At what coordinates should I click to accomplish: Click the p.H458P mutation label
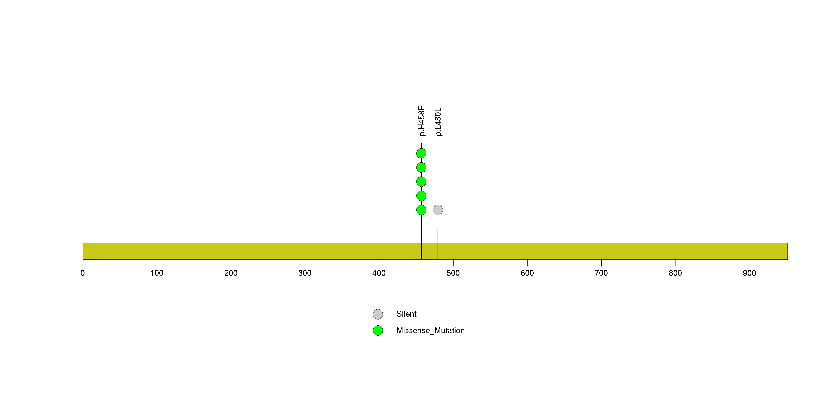422,121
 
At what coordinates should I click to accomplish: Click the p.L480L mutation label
438,122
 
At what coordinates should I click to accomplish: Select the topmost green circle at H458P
421,153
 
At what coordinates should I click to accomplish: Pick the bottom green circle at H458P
421,210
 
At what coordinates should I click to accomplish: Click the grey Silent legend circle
378,314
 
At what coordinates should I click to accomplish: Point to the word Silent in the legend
406,314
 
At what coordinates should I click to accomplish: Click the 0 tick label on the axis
83,273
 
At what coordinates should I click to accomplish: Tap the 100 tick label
157,273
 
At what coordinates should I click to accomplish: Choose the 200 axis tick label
231,273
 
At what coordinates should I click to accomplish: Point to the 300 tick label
305,273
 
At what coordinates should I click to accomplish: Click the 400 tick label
379,273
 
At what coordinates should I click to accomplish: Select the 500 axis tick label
453,273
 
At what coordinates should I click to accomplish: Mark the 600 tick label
527,273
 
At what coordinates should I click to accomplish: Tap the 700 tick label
601,273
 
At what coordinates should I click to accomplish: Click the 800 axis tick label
675,273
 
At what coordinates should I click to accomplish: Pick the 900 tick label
749,273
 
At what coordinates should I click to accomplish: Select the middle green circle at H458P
421,182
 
